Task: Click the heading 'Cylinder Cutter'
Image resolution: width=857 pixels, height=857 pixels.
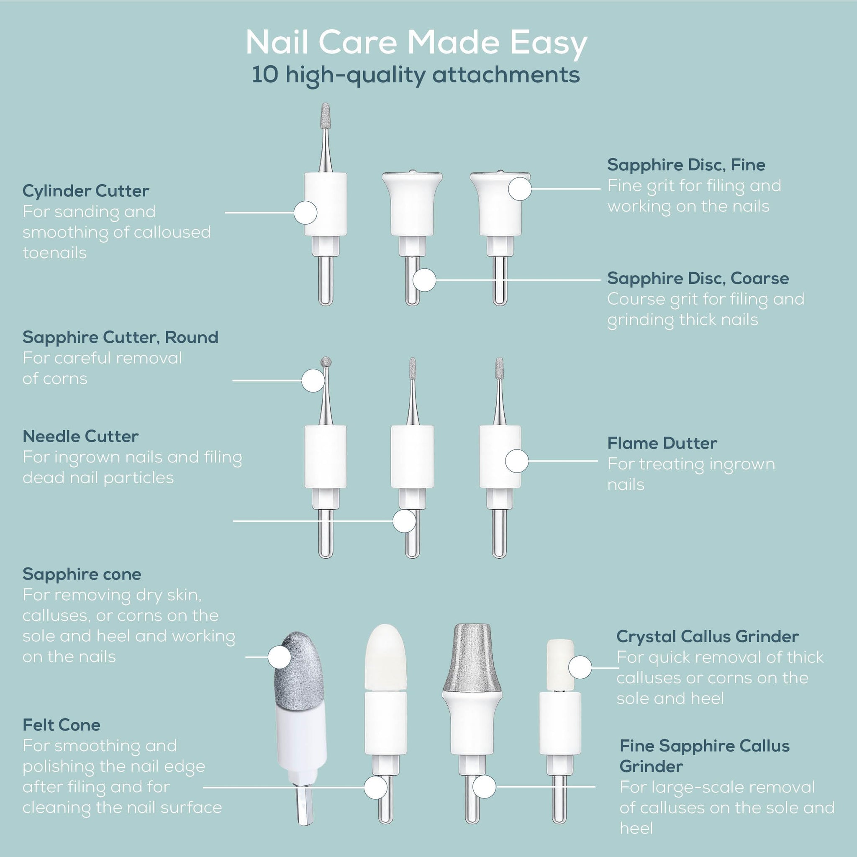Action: (x=86, y=191)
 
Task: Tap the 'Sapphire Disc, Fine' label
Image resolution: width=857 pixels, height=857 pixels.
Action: (x=686, y=165)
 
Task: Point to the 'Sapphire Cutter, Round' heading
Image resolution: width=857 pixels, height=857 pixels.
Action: (x=120, y=338)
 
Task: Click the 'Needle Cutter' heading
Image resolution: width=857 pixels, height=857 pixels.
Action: (x=80, y=436)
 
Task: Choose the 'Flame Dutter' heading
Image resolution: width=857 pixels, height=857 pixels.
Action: (x=662, y=444)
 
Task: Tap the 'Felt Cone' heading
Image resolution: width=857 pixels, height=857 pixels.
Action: (x=61, y=725)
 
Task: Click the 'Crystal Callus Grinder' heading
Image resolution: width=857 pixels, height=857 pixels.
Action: (x=708, y=637)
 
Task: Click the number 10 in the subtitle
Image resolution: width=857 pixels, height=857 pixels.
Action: (x=265, y=74)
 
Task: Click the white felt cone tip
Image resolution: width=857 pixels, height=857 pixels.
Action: (x=385, y=657)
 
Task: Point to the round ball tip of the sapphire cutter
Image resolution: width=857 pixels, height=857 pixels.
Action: (x=326, y=362)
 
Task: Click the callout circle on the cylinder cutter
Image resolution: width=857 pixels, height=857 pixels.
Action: (x=305, y=213)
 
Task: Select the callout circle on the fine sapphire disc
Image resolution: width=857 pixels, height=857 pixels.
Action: (x=520, y=189)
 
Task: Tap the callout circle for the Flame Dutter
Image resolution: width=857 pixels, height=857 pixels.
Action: (x=517, y=461)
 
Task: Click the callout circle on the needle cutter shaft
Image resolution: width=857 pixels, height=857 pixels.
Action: (x=404, y=521)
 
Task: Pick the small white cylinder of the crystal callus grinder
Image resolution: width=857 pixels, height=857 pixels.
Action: (x=560, y=665)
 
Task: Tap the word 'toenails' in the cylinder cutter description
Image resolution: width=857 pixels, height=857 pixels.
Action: (x=54, y=253)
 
